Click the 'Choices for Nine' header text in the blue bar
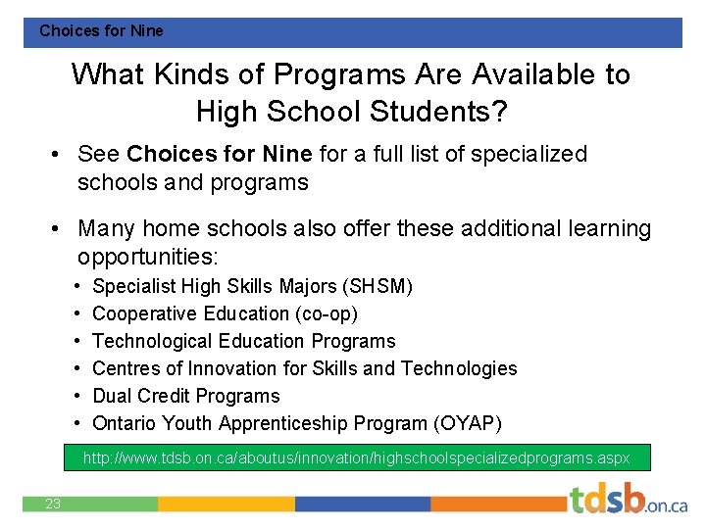coord(101,31)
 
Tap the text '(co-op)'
coord(323,313)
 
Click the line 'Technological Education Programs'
coord(243,341)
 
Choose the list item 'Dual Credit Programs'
coord(185,396)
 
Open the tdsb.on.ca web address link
coord(356,457)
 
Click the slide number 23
coord(53,504)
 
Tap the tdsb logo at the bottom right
coord(628,501)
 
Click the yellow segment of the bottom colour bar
coord(226,504)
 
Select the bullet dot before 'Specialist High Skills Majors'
coord(76,286)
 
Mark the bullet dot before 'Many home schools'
coord(59,229)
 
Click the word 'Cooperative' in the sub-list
coord(145,313)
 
